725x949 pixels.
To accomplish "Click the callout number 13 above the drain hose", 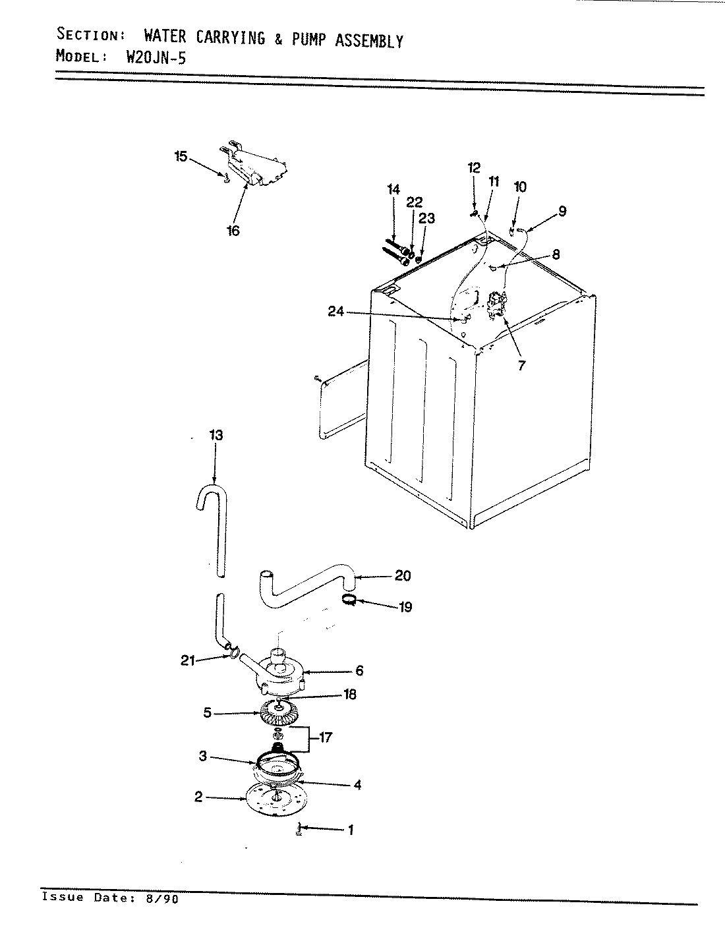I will point(216,436).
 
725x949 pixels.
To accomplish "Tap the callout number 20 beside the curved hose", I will point(402,576).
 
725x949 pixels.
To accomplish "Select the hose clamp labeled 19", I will point(351,599).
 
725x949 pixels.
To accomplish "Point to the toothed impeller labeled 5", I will point(279,713).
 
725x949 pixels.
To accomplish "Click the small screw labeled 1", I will point(299,830).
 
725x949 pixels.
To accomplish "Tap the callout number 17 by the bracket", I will point(325,738).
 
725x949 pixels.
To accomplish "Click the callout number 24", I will point(336,312).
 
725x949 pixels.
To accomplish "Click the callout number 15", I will point(181,157).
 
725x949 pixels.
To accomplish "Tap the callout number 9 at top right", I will point(562,212).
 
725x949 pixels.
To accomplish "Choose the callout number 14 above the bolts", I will point(393,190).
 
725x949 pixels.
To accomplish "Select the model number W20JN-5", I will point(156,57).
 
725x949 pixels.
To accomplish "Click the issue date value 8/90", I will point(165,898).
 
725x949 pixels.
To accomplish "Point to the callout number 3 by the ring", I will point(203,757).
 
